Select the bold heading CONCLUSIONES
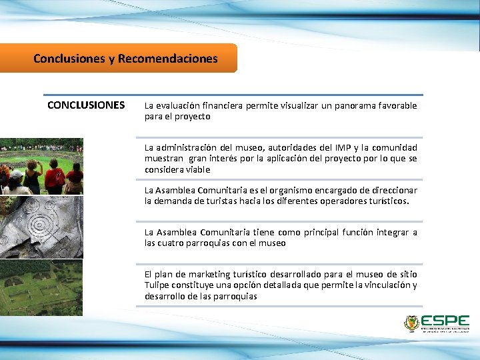(86, 105)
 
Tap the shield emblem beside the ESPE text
(411, 324)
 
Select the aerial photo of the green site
(41, 288)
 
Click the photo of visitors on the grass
(41, 166)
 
